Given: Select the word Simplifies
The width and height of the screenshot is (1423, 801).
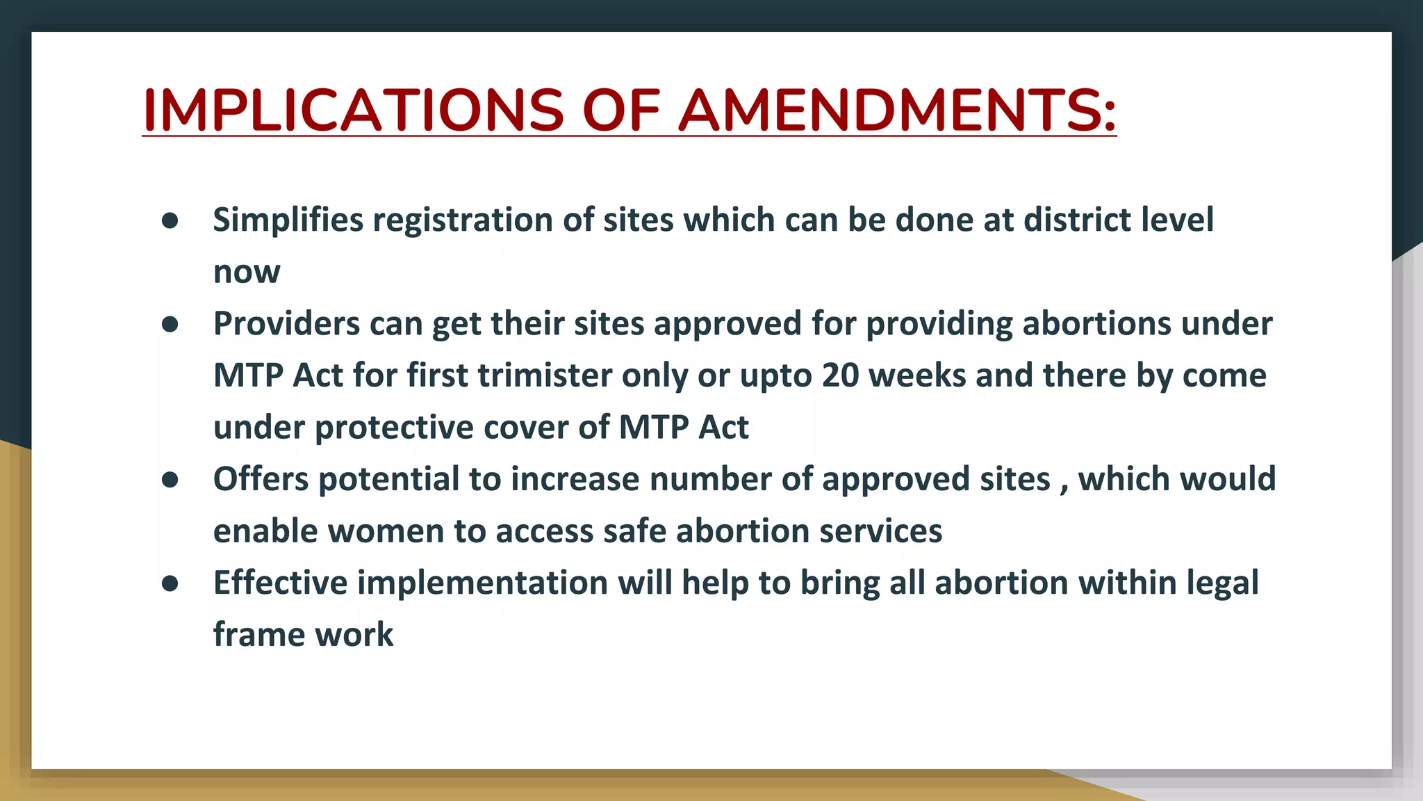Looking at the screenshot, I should [288, 220].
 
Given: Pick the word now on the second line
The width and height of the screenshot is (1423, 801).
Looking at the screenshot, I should [247, 272].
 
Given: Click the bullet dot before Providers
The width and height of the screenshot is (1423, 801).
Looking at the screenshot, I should [170, 324].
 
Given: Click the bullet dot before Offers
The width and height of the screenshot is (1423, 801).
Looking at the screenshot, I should [170, 480].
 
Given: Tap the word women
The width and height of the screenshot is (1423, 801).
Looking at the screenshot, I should [386, 532].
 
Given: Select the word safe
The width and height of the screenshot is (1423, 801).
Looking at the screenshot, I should [634, 532].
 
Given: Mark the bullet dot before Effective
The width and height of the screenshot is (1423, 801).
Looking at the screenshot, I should [170, 583].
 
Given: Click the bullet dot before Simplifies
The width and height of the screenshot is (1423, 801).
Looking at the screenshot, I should [170, 220].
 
